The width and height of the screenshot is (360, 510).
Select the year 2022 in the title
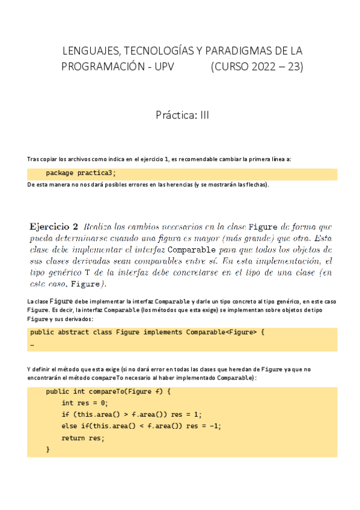coord(258,67)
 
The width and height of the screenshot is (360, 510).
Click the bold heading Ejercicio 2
coord(53,227)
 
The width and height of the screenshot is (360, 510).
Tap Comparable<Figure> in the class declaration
coord(221,331)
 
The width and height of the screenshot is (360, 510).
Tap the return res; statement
coord(83,438)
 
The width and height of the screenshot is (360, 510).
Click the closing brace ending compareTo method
coord(48,449)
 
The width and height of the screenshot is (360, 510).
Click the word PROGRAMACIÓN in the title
coord(102,67)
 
